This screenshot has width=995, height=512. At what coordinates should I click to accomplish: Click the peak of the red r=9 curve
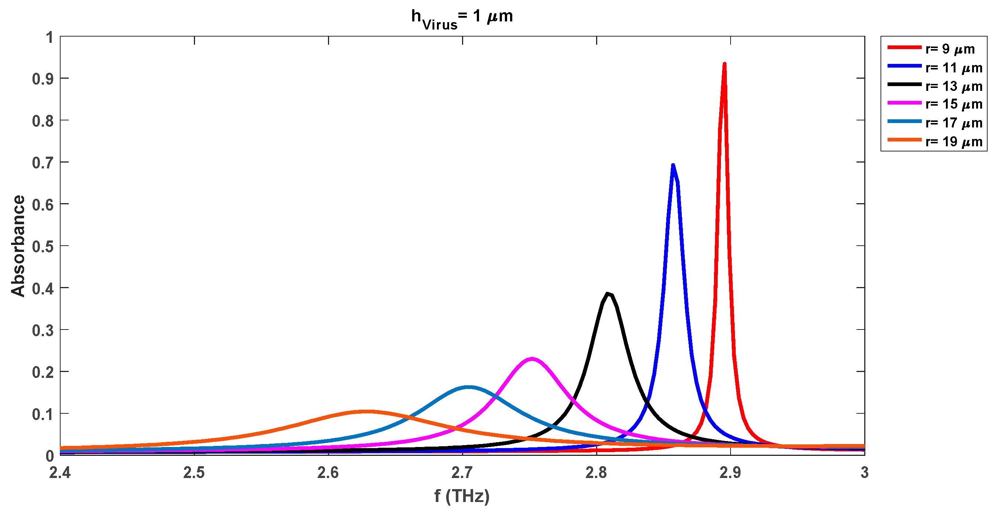(724, 64)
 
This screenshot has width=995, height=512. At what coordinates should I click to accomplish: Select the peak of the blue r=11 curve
(673, 166)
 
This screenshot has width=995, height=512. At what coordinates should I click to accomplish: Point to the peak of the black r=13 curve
(608, 294)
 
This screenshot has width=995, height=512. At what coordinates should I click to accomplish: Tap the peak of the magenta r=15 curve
(532, 359)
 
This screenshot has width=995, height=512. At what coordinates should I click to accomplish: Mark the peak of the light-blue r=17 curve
(468, 387)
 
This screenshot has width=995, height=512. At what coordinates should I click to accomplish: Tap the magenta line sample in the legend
(904, 103)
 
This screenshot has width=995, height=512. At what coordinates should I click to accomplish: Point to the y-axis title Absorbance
(18, 246)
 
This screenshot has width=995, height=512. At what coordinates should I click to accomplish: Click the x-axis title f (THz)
(462, 496)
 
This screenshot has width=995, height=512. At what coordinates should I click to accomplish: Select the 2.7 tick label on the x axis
(462, 472)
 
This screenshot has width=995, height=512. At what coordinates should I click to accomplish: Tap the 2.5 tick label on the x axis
(194, 472)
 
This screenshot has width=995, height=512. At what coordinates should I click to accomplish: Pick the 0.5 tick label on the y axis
(43, 246)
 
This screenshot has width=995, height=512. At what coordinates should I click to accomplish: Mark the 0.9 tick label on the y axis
(43, 79)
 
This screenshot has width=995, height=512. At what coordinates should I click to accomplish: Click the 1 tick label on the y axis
(49, 37)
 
